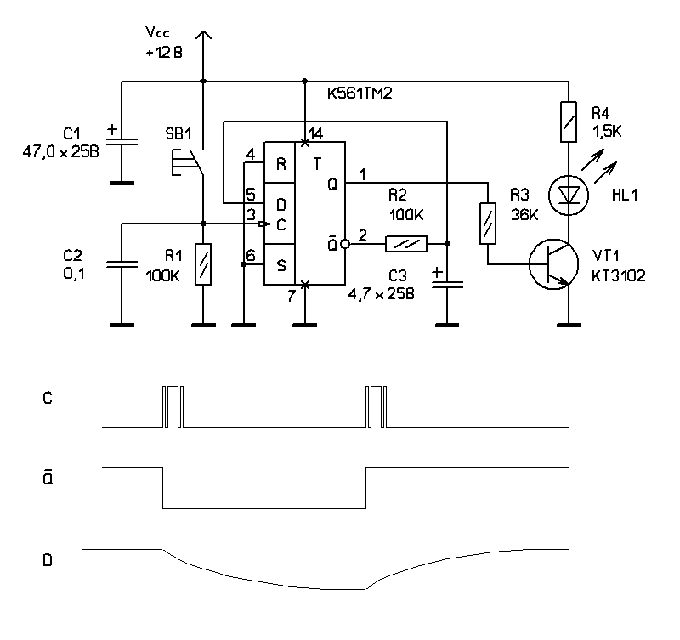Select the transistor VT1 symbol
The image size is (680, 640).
pos(552,264)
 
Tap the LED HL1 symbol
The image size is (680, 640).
pos(567,195)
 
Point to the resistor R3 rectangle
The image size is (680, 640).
pos(488,223)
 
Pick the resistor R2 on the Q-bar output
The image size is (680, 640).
pos(408,244)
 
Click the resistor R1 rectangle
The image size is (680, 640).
pos(202,263)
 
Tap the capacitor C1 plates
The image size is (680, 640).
pos(122,139)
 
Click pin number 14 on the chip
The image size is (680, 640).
pos(316,134)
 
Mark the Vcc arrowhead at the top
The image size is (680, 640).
pos(203,36)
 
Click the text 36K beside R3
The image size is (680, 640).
pos(524,216)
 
